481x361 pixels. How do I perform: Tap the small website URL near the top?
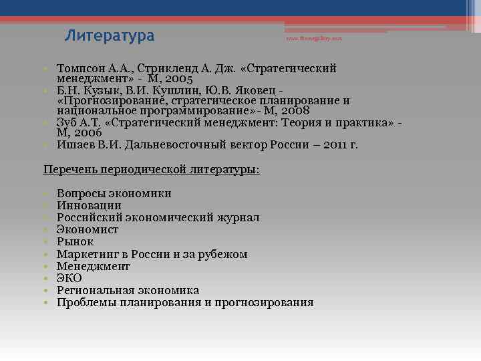[314, 39]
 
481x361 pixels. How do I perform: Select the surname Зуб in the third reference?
[68, 123]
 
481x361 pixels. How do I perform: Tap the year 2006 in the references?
[87, 133]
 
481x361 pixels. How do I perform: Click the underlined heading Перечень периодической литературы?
[151, 170]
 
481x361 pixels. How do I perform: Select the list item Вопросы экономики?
[114, 194]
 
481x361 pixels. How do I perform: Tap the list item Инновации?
[89, 206]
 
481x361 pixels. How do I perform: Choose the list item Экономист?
[88, 230]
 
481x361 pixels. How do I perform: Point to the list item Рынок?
[75, 242]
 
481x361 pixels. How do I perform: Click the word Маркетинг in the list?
[87, 254]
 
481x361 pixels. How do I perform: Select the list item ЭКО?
[69, 278]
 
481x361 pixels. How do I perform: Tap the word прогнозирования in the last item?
[264, 302]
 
